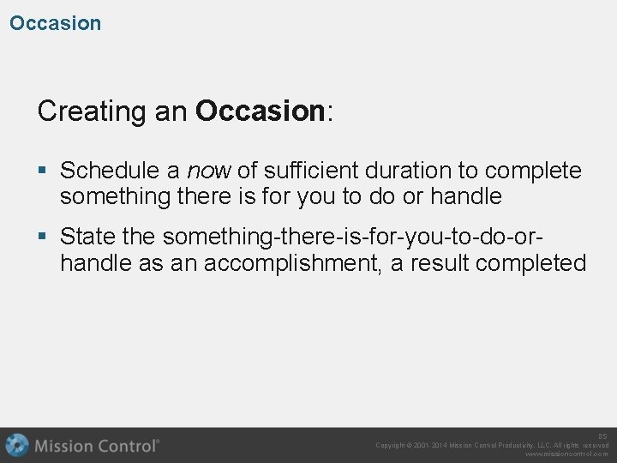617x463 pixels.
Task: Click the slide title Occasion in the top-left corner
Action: [x=55, y=23]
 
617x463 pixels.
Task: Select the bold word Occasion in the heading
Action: [x=259, y=111]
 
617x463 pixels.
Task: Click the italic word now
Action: [x=209, y=171]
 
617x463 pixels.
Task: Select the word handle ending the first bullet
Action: [x=465, y=196]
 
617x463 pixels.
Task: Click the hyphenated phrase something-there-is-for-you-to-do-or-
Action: [x=354, y=236]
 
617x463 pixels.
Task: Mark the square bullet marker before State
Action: [x=43, y=237]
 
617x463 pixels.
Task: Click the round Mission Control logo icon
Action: [x=17, y=445]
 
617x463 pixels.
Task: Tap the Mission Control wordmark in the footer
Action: [x=97, y=445]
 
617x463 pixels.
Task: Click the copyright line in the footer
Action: [x=492, y=445]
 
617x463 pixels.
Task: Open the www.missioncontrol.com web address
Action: [x=566, y=454]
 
